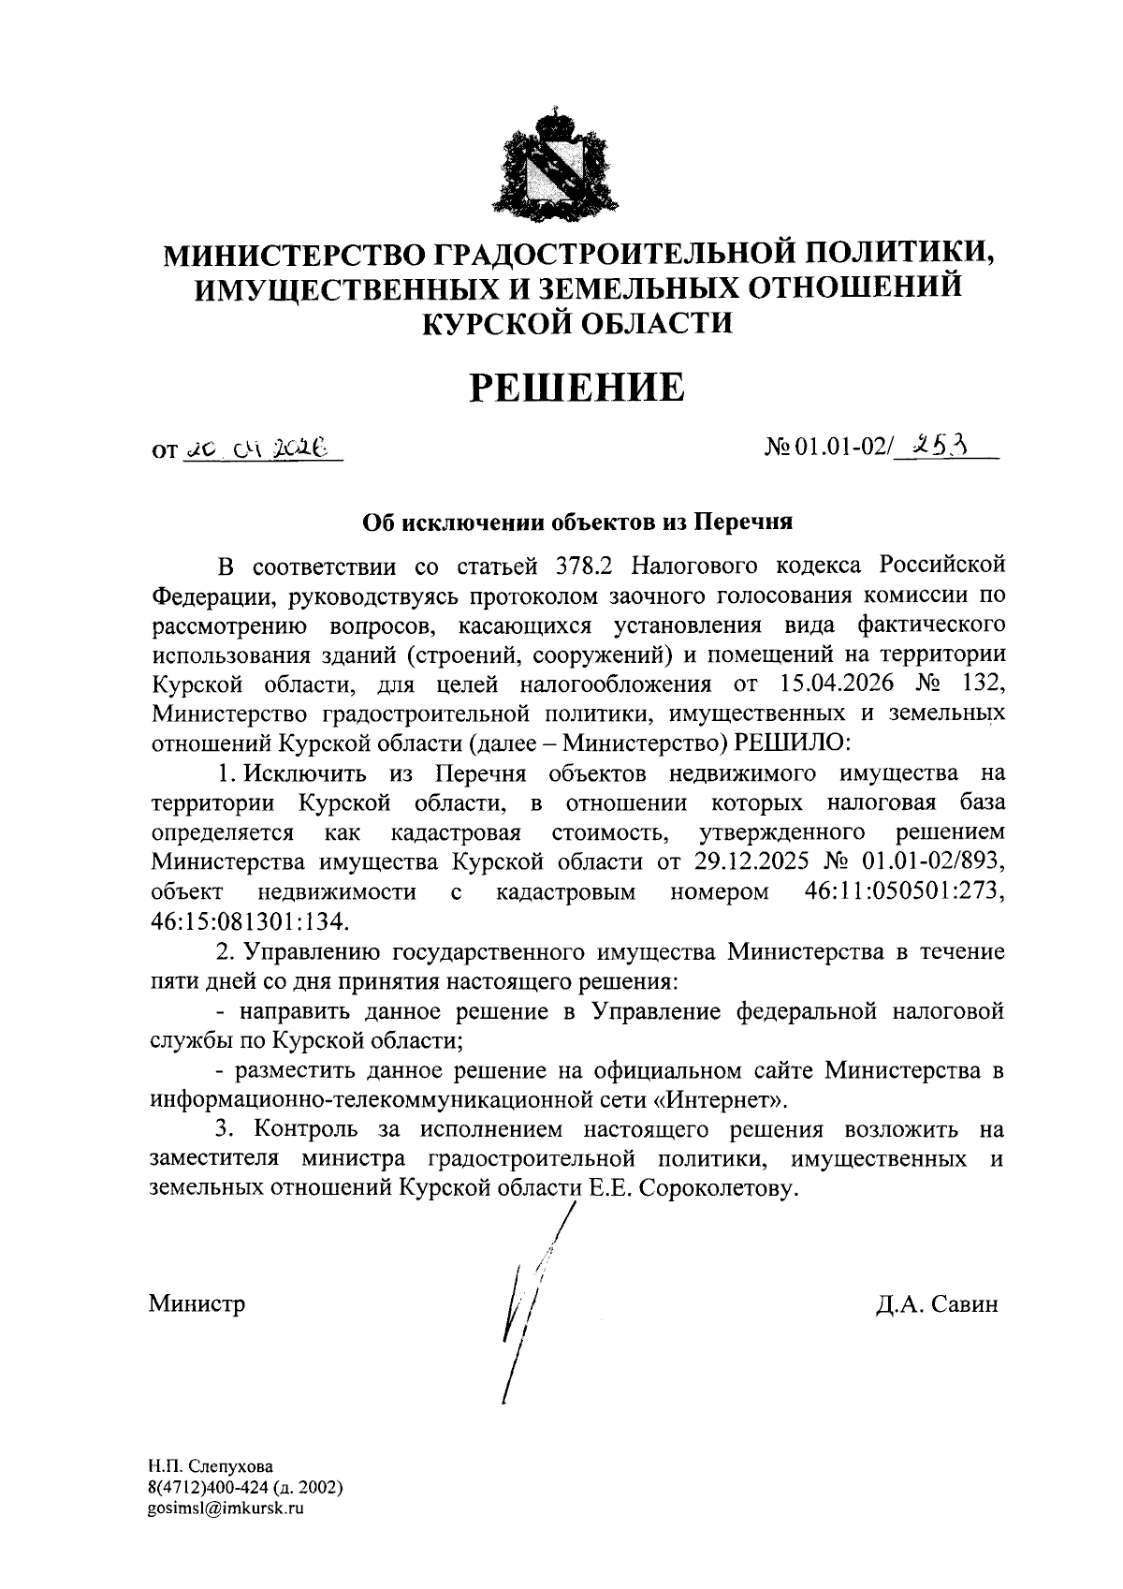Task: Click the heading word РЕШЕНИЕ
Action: (x=576, y=388)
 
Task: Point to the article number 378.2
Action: (x=588, y=566)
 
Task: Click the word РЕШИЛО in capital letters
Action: (x=795, y=743)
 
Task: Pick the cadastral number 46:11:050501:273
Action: (x=905, y=891)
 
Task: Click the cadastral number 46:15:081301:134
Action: (x=249, y=921)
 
